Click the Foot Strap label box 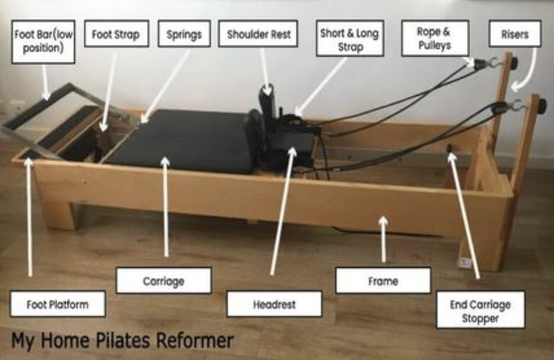pyautogui.click(x=116, y=34)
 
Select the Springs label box pyautogui.click(x=184, y=34)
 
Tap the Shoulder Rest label pyautogui.click(x=258, y=34)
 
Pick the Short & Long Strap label pyautogui.click(x=350, y=38)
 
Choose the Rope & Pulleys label pyautogui.click(x=435, y=38)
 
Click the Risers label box pyautogui.click(x=515, y=34)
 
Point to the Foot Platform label pyautogui.click(x=58, y=304)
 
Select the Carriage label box pyautogui.click(x=164, y=281)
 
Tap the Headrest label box pyautogui.click(x=274, y=304)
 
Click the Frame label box pyautogui.click(x=384, y=281)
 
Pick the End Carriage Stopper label pyautogui.click(x=481, y=309)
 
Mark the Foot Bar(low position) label pyautogui.click(x=44, y=42)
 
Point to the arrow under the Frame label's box pyautogui.click(x=384, y=239)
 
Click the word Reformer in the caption pyautogui.click(x=194, y=340)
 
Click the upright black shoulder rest pyautogui.click(x=268, y=103)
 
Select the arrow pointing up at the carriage pyautogui.click(x=166, y=207)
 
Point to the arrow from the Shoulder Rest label pyautogui.click(x=265, y=71)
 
